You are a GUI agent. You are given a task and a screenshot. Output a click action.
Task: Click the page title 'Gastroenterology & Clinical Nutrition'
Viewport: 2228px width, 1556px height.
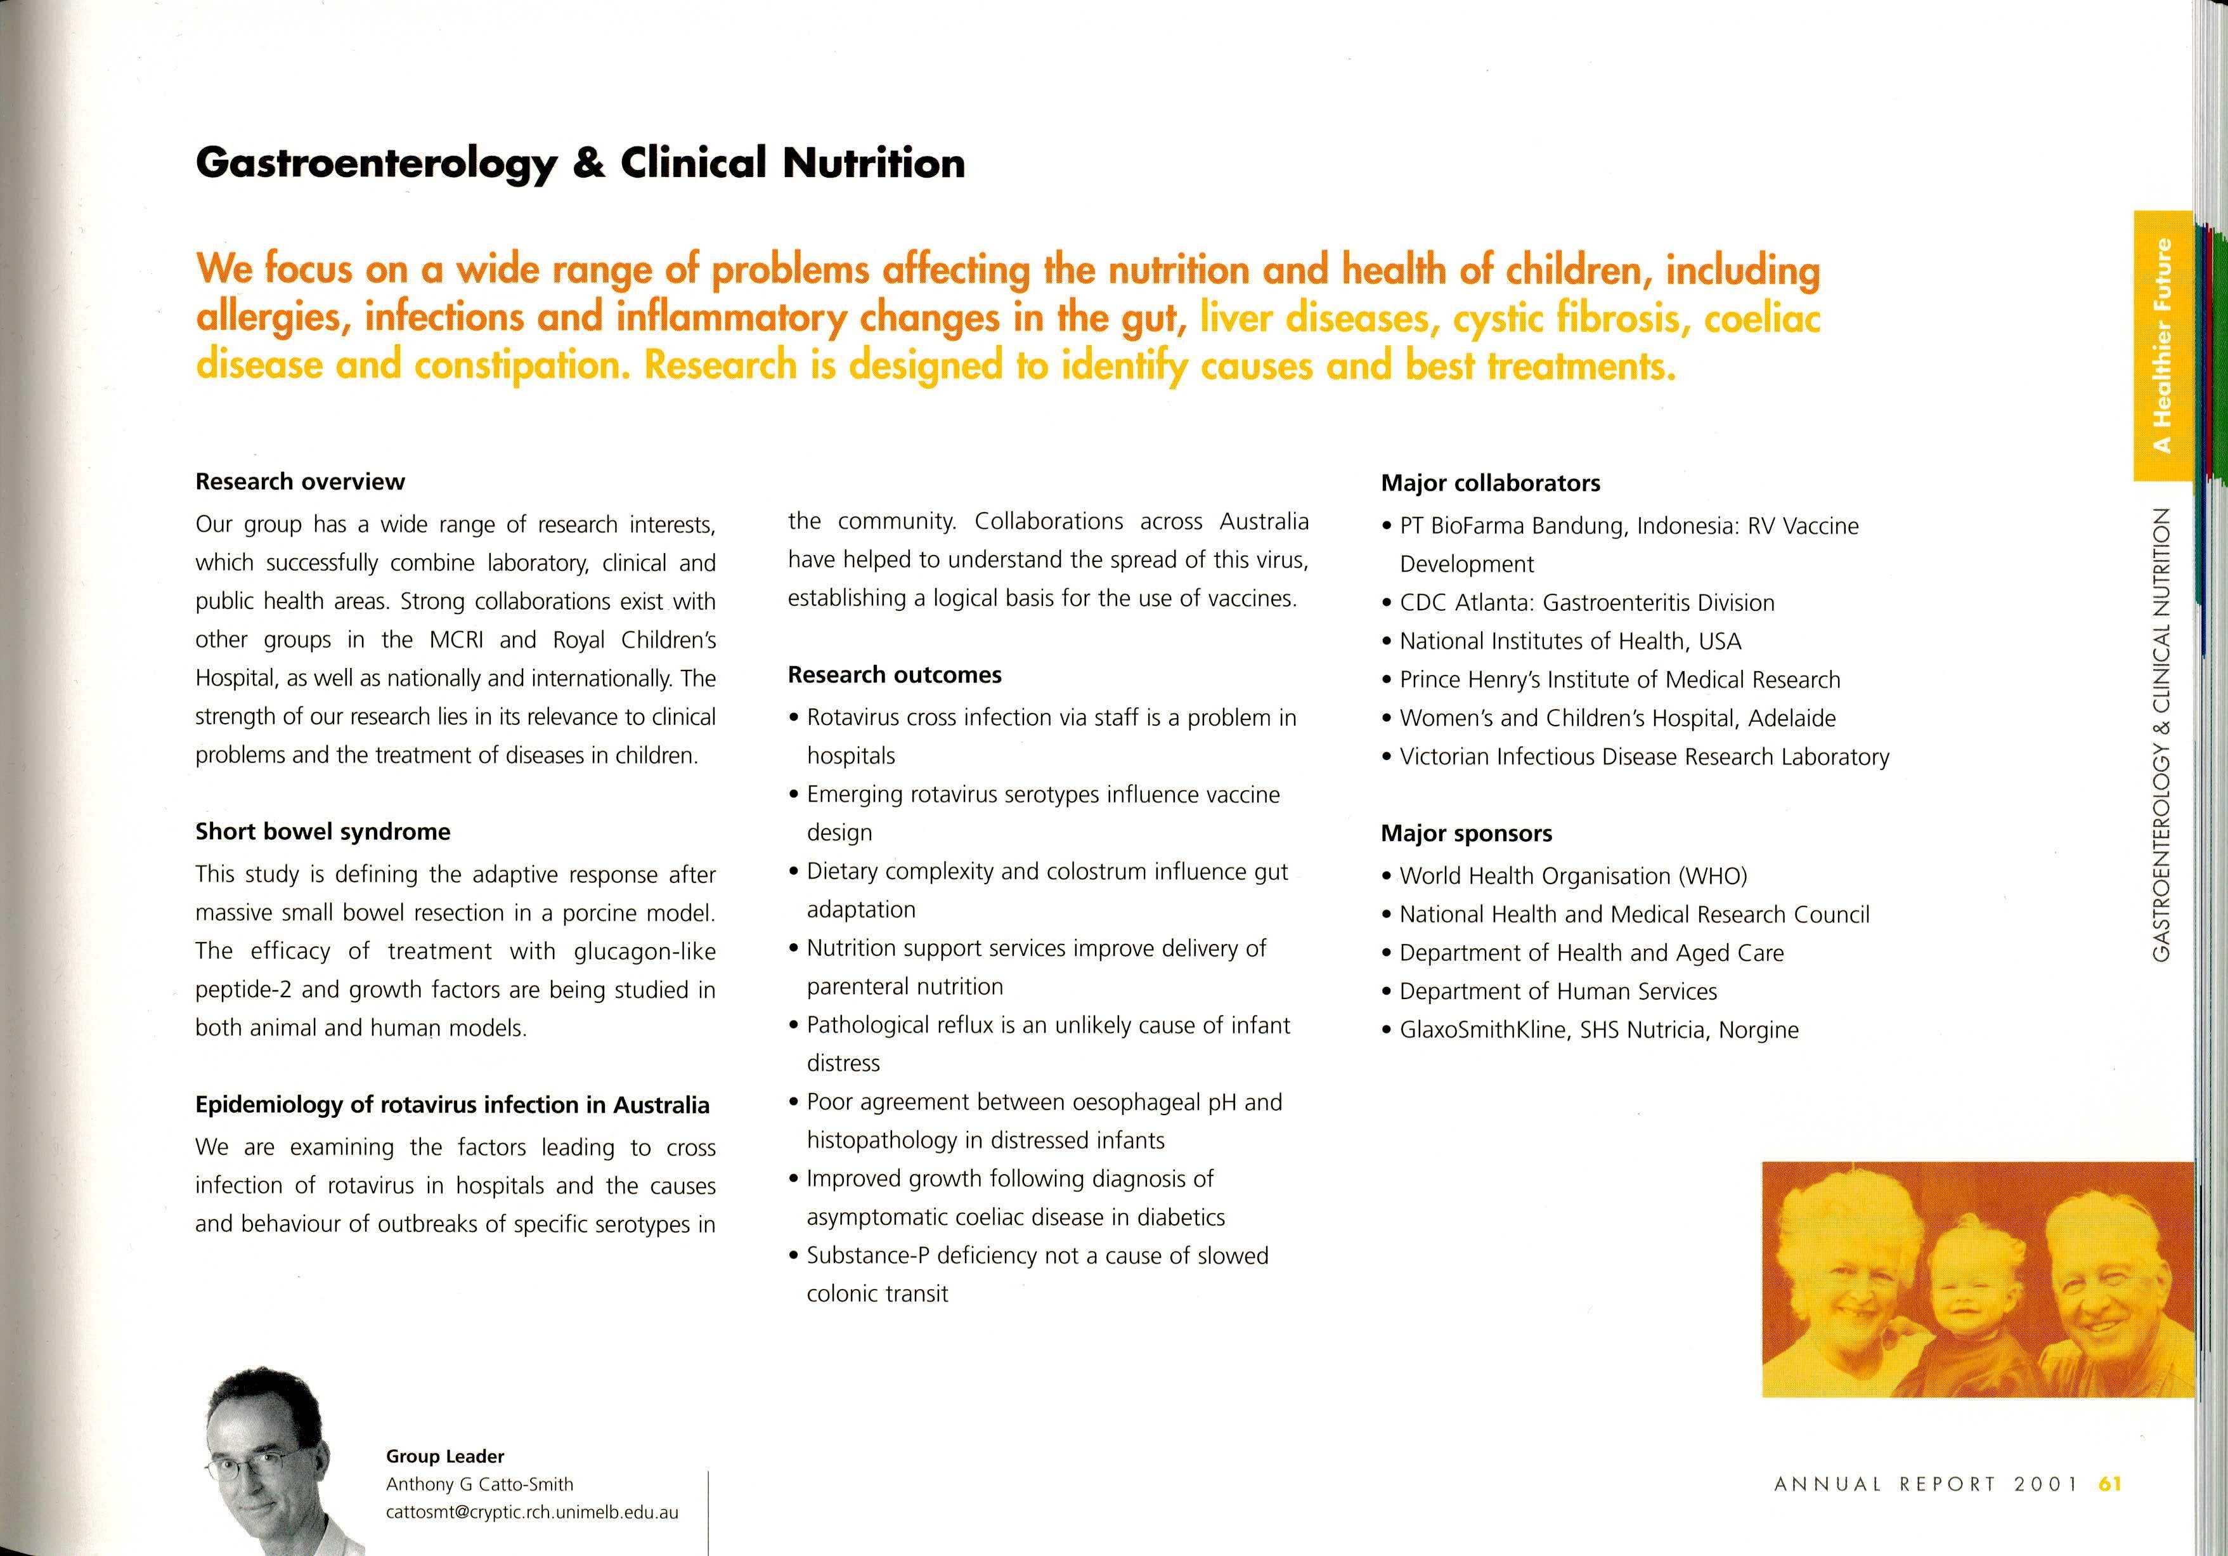[x=580, y=163]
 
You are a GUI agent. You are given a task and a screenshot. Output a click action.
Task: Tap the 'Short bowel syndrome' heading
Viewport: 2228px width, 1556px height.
[x=322, y=831]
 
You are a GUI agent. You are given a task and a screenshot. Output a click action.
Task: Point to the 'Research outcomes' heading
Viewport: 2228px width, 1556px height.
[x=894, y=675]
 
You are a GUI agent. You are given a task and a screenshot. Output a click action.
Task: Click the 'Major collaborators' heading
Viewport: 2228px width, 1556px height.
[x=1489, y=483]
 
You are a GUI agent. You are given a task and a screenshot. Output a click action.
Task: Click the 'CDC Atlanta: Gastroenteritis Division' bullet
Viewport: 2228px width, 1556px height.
[x=1586, y=603]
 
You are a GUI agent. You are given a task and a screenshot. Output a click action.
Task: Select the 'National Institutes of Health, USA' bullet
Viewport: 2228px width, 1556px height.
[x=1569, y=641]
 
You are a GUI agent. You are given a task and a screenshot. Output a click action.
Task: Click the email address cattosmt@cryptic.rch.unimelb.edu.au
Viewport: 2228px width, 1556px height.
[x=532, y=1512]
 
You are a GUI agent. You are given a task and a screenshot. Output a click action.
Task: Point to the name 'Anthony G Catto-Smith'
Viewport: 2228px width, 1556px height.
[x=479, y=1484]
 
